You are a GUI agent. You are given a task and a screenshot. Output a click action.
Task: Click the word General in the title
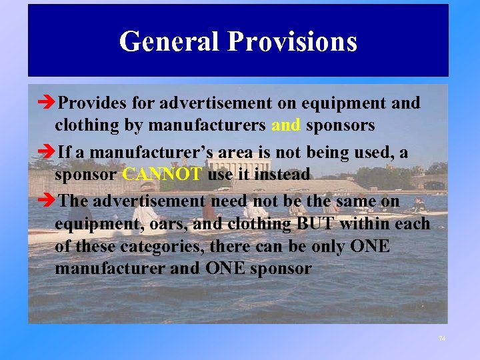(x=169, y=41)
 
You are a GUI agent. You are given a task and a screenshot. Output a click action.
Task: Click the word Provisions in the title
(x=293, y=41)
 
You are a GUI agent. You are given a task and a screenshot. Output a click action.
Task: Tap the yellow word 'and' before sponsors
(x=287, y=125)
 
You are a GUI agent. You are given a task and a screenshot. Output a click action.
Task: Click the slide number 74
(x=441, y=339)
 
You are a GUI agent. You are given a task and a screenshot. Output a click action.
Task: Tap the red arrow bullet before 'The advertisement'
(x=47, y=201)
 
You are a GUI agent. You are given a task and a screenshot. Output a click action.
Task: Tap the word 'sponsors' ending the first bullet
(x=341, y=125)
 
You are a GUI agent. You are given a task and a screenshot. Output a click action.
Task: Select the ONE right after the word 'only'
(x=371, y=247)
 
